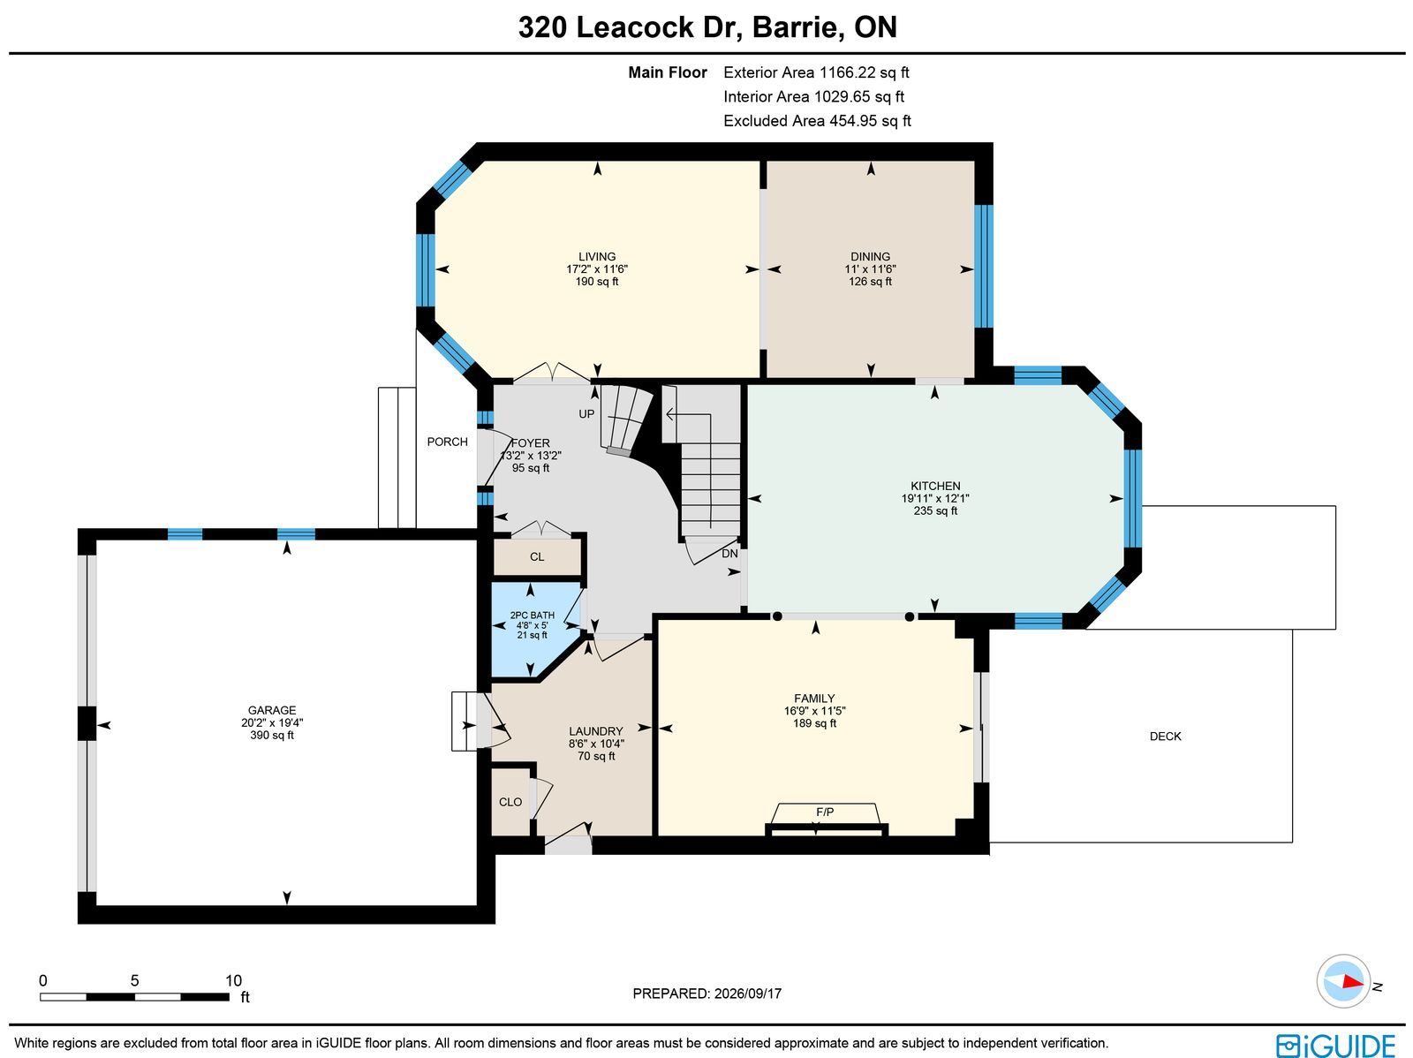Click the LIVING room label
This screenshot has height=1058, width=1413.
[597, 256]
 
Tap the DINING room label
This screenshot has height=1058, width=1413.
[870, 256]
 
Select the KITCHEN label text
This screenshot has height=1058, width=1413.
[934, 486]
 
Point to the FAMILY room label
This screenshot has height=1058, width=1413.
[813, 699]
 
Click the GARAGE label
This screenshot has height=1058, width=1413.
[272, 710]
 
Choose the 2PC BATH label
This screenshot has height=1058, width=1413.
[532, 616]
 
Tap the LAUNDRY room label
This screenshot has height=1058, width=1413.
[595, 731]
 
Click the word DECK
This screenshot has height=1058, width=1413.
[1165, 737]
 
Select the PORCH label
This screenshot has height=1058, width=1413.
[447, 442]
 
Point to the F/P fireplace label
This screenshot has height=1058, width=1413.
[825, 812]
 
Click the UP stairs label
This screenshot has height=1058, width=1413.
[586, 414]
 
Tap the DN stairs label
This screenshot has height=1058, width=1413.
[729, 554]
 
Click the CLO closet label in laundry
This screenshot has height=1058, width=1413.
[510, 802]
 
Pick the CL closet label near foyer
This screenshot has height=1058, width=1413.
[537, 556]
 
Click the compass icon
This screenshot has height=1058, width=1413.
[1343, 981]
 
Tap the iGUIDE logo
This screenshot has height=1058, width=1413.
[1335, 1044]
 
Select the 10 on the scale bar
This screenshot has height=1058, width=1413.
[233, 981]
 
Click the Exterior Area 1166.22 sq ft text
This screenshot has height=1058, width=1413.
[816, 72]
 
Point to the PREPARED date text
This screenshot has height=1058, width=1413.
[706, 994]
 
